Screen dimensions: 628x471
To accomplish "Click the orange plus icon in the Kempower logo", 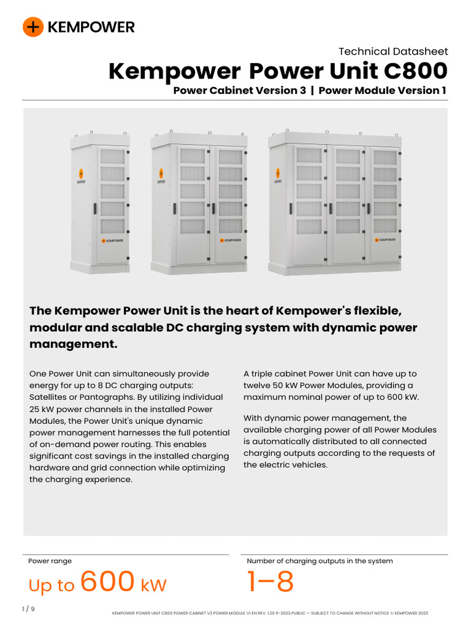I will click(x=33, y=27).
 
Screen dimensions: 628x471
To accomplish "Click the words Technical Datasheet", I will click(x=393, y=52).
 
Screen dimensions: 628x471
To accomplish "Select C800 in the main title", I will click(x=415, y=72).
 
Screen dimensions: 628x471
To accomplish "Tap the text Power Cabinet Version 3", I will click(x=243, y=91).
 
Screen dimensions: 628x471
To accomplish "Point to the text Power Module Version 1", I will click(x=383, y=91).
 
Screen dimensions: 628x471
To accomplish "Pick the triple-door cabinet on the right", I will click(x=335, y=202).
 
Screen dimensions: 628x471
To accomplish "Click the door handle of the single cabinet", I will click(x=95, y=209).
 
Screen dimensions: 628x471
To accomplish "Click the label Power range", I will click(x=50, y=561).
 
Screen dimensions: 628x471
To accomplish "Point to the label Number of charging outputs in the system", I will click(x=320, y=561).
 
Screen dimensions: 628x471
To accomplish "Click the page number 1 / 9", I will click(x=28, y=609).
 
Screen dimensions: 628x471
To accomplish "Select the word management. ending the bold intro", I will click(x=73, y=344).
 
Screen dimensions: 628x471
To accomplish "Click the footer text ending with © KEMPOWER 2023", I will click(x=270, y=613).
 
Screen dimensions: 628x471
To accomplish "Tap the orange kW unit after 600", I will click(x=153, y=585).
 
